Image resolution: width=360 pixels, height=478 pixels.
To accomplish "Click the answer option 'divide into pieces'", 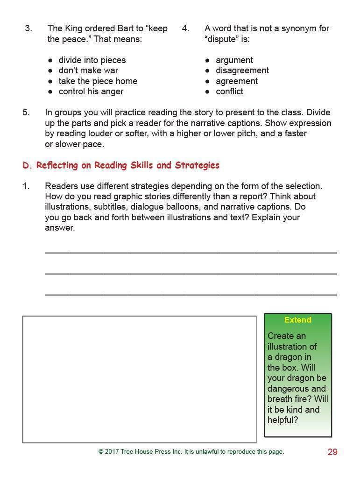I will [x=92, y=60].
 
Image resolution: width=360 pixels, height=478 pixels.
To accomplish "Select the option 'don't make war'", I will [x=88, y=70].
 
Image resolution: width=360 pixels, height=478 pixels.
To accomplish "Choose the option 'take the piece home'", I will [x=98, y=81].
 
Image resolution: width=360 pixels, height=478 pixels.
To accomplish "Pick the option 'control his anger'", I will [x=91, y=91].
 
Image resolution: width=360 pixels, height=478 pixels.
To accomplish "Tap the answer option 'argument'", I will [x=234, y=60].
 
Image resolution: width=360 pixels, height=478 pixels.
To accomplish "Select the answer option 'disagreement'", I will [x=242, y=70].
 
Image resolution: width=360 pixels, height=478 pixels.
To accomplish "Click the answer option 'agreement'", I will [x=236, y=81].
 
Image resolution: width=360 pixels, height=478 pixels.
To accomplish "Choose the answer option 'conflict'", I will [x=229, y=91].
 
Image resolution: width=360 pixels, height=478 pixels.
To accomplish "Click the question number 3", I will [x=28, y=28].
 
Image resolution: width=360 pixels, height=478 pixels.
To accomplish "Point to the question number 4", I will [x=185, y=28].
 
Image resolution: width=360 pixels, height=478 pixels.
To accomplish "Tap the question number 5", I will [x=26, y=112].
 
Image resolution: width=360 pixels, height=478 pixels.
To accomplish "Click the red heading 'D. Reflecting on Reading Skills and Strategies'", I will [x=121, y=165].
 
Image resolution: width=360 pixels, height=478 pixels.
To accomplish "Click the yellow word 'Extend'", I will [x=297, y=320].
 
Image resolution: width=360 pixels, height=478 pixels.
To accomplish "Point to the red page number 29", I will [x=332, y=452].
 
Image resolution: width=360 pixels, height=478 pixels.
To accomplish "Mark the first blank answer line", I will [x=191, y=252].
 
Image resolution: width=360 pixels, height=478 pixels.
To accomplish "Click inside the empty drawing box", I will [x=139, y=379].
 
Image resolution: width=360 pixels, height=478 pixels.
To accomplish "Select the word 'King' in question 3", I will [x=72, y=28].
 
